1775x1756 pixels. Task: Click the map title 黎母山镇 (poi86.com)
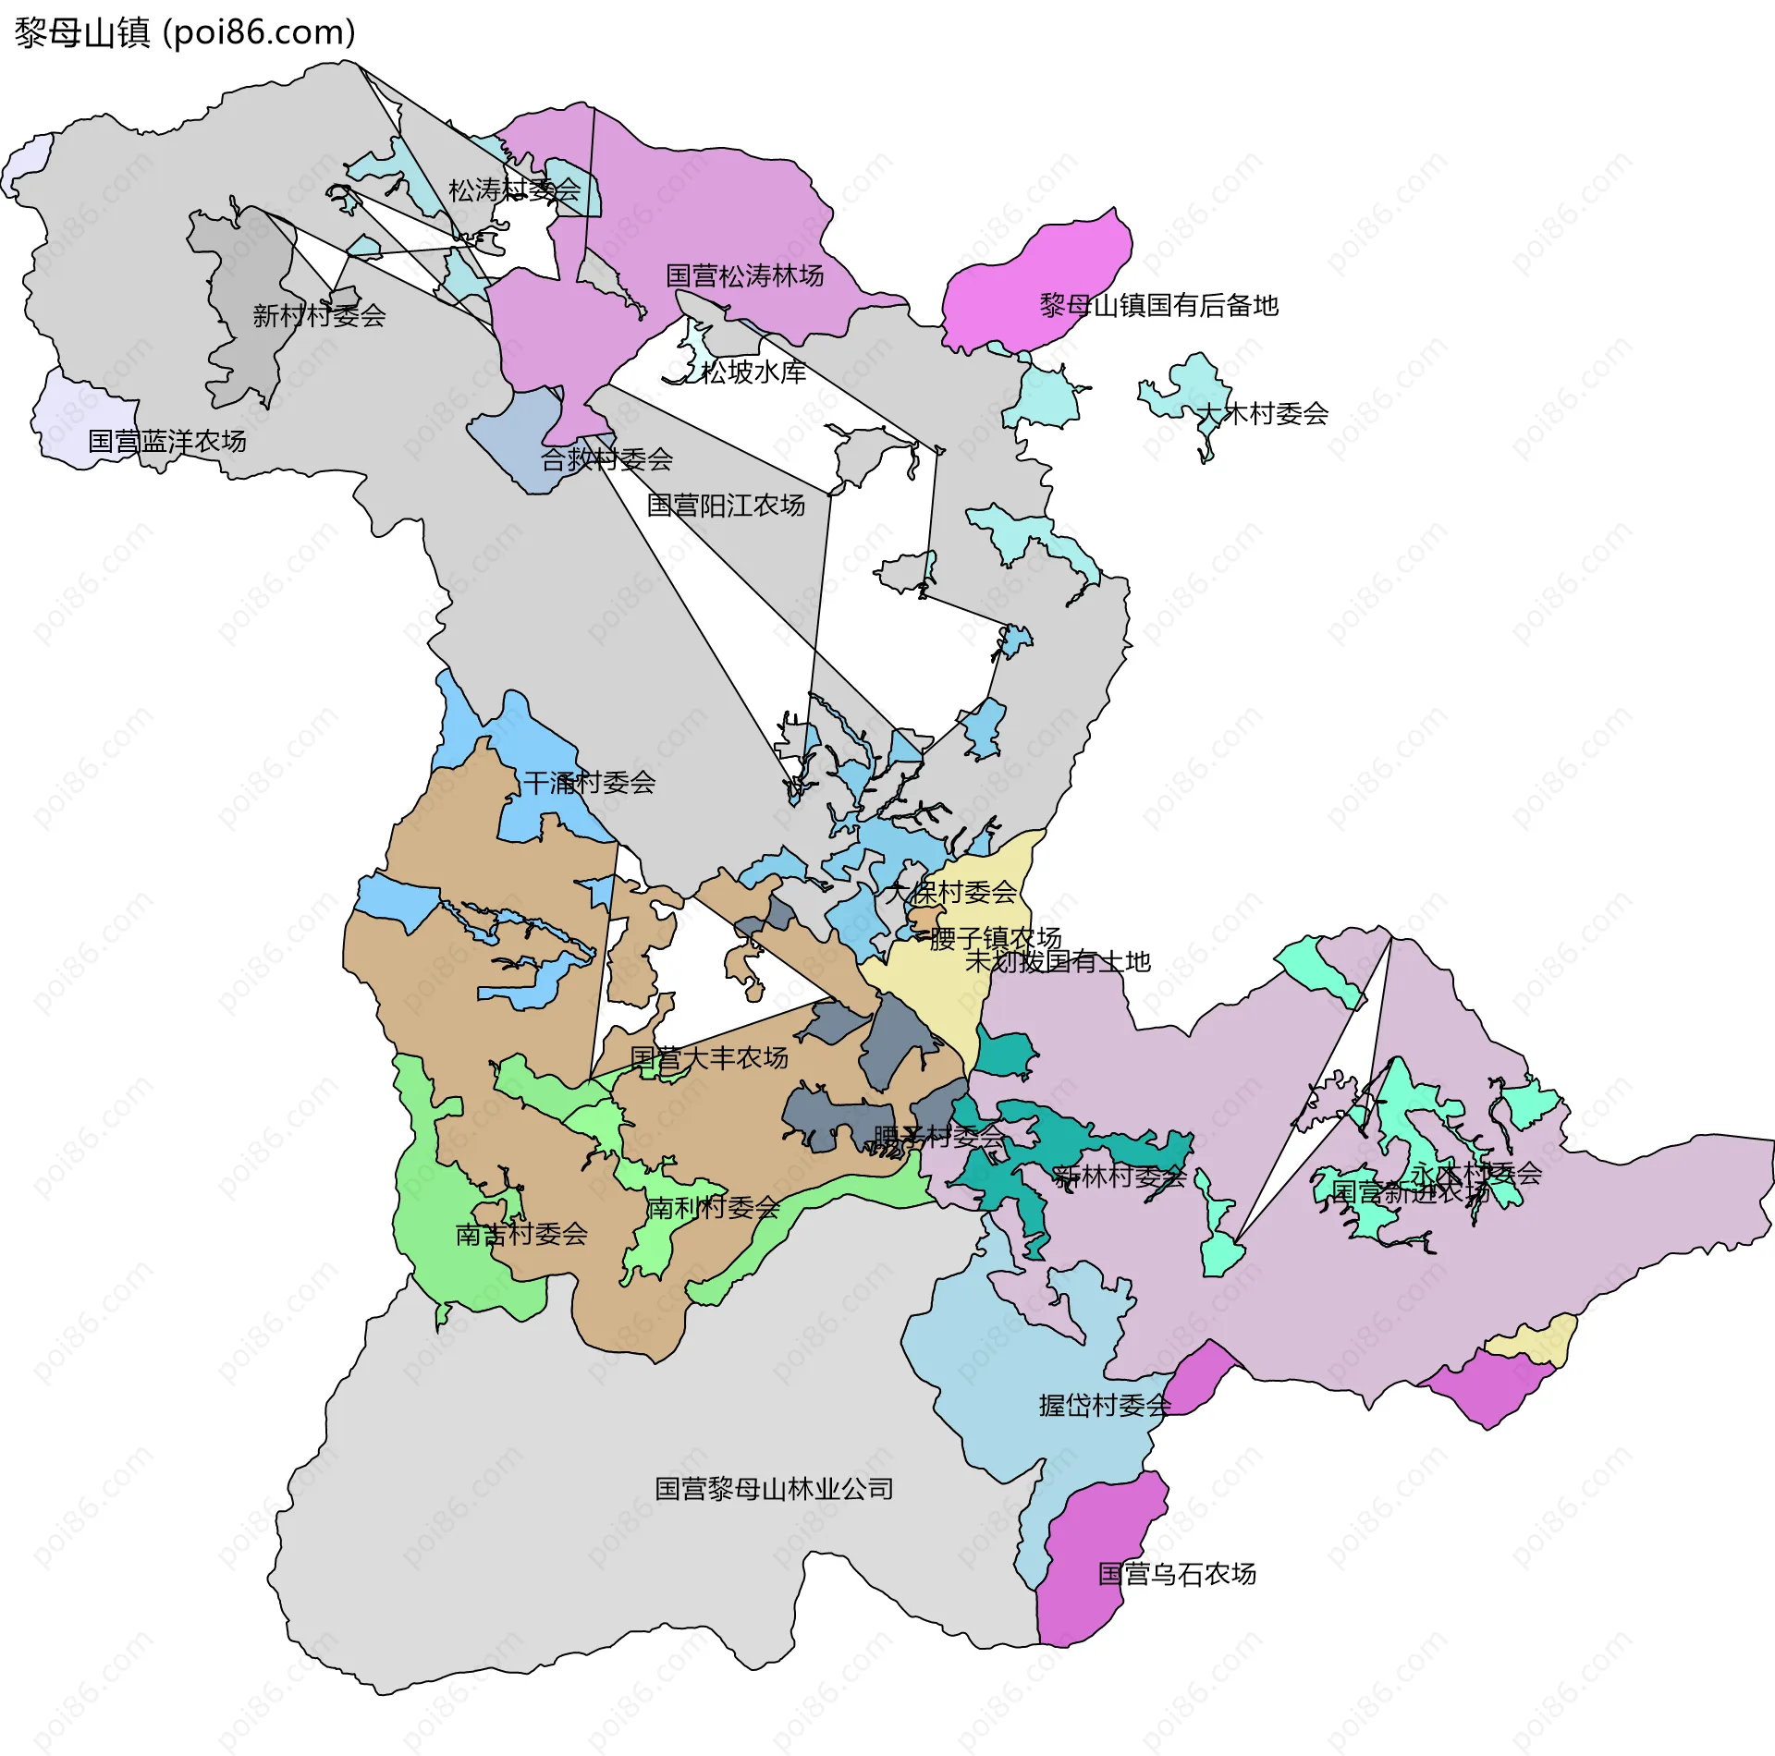click(185, 33)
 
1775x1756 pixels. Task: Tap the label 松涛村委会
click(514, 190)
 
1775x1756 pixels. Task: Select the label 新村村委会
click(319, 316)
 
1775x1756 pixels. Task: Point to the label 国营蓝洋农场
click(167, 442)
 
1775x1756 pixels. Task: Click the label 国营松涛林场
click(744, 275)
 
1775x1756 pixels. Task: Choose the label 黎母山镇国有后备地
click(1158, 306)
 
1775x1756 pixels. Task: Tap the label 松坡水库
click(753, 372)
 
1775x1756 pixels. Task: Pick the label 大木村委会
click(1262, 414)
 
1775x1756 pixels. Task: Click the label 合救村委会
click(606, 459)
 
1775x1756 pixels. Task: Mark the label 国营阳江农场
click(726, 506)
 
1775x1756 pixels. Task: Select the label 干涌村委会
click(589, 783)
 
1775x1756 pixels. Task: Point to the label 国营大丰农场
click(709, 1057)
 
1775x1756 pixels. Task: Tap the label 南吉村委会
click(521, 1234)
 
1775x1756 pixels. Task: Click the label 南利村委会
click(712, 1208)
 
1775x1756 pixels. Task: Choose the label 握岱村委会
click(1105, 1406)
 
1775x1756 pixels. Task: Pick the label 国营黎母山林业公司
click(774, 1489)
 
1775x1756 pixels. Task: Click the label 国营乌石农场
click(1177, 1574)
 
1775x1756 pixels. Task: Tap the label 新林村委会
click(1120, 1177)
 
